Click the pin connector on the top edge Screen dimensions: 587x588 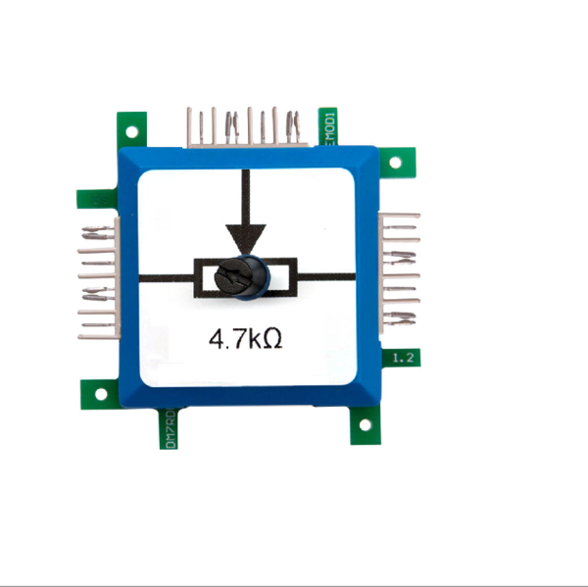pos(245,126)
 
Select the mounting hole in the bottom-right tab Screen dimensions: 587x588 pos(366,427)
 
